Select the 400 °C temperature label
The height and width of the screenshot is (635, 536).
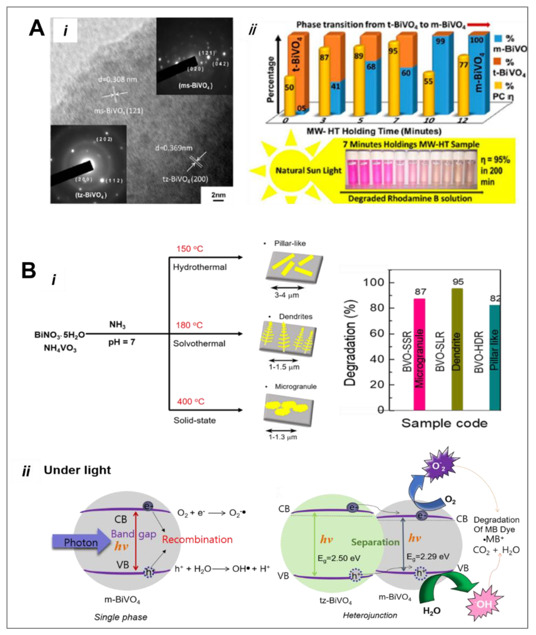tap(191, 401)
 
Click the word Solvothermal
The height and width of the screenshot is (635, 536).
tap(199, 344)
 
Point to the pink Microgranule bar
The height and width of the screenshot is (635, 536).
tap(419, 355)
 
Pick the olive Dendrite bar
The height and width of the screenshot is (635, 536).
tap(457, 349)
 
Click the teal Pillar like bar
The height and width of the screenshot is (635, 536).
tap(495, 358)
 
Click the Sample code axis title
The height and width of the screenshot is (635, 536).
tap(444, 423)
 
